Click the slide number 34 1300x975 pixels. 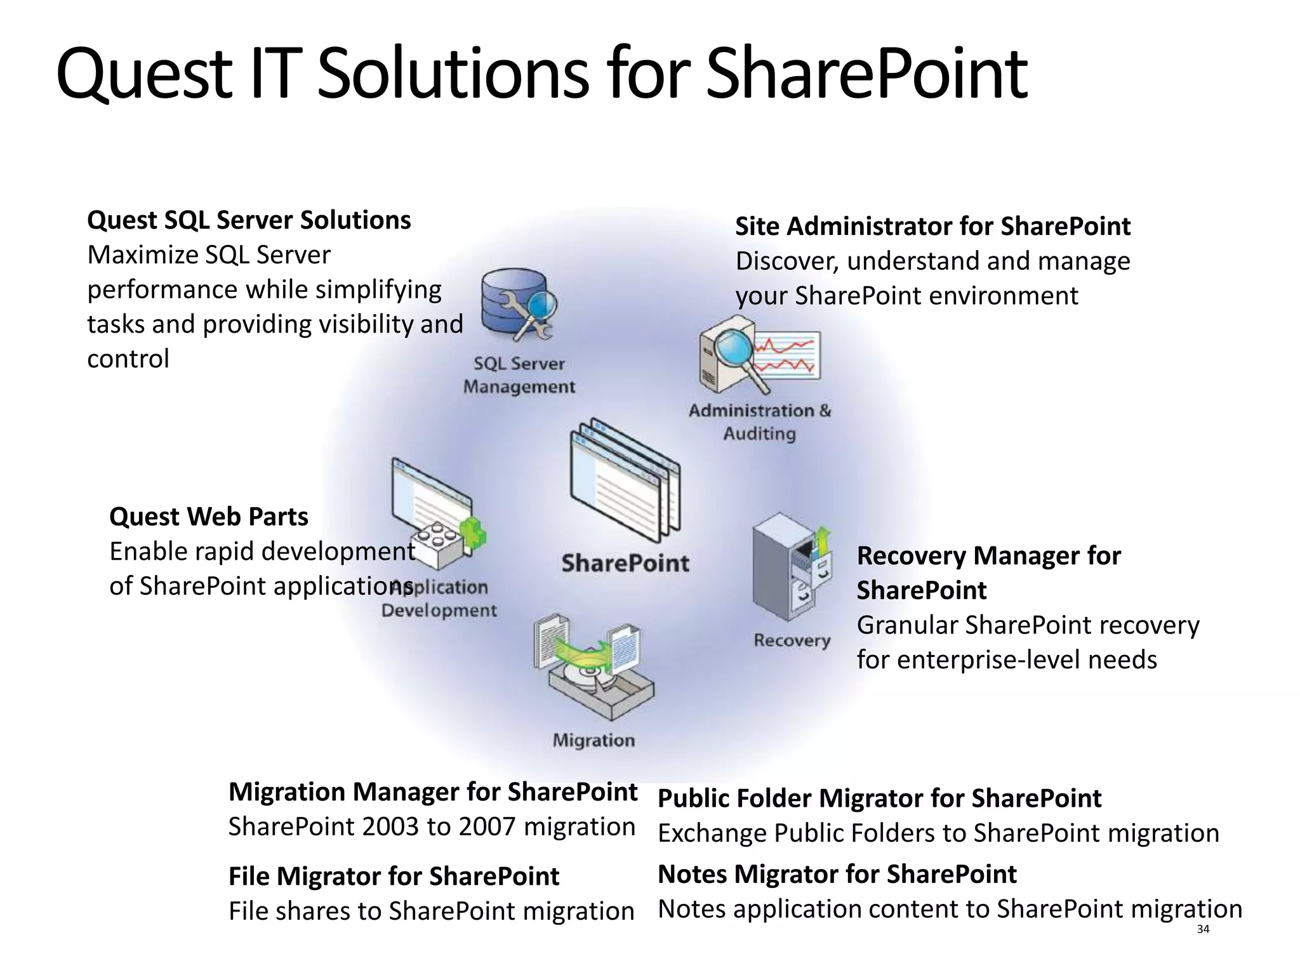[1202, 929]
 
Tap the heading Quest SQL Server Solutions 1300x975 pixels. [249, 220]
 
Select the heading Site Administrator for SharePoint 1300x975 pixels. [932, 227]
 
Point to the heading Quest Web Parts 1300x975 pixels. [208, 517]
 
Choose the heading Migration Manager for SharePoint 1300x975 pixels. [432, 792]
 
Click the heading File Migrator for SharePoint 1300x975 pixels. [394, 877]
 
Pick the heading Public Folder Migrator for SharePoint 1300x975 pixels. [879, 799]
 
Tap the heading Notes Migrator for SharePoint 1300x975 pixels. [837, 875]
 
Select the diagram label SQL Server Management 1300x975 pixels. [519, 375]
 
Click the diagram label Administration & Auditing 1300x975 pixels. [760, 422]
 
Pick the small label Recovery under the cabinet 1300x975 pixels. [792, 640]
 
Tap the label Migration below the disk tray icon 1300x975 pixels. [594, 740]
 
